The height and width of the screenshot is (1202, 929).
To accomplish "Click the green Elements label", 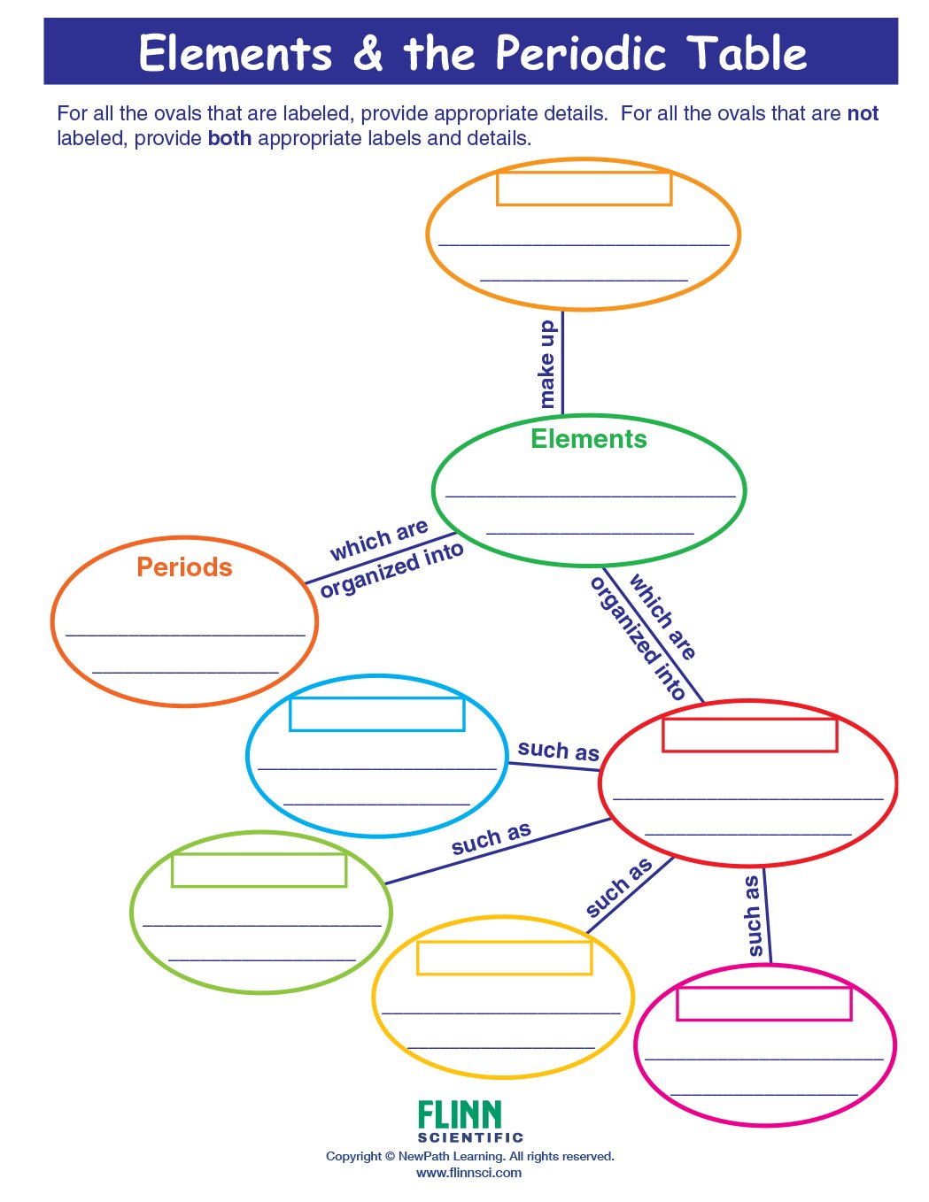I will pyautogui.click(x=588, y=439).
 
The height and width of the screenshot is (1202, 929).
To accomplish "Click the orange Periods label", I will pyautogui.click(x=184, y=567).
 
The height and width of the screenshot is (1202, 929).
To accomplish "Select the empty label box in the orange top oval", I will pyautogui.click(x=584, y=189).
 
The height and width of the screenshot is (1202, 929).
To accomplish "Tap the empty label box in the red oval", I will pyautogui.click(x=749, y=735).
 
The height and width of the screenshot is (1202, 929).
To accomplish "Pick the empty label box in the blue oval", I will pyautogui.click(x=376, y=713).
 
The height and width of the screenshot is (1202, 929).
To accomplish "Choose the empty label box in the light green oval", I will pyautogui.click(x=259, y=869).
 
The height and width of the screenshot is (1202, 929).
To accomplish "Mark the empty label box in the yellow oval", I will pyautogui.click(x=504, y=958).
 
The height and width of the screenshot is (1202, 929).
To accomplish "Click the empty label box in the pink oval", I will pyautogui.click(x=763, y=1004).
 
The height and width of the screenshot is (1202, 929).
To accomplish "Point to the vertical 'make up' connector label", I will pyautogui.click(x=547, y=364).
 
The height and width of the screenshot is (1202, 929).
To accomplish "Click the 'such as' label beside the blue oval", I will pyautogui.click(x=558, y=751).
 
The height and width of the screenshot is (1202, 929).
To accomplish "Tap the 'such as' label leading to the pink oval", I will pyautogui.click(x=753, y=916).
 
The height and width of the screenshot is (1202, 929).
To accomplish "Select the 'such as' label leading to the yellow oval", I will pyautogui.click(x=619, y=887).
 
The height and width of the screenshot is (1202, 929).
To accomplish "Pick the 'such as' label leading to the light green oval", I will pyautogui.click(x=491, y=838).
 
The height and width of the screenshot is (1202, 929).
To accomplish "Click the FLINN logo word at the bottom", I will pyautogui.click(x=460, y=1114).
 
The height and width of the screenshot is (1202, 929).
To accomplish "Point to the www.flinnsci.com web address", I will pyautogui.click(x=468, y=1173).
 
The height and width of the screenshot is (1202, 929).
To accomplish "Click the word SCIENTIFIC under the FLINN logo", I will pyautogui.click(x=470, y=1137).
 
